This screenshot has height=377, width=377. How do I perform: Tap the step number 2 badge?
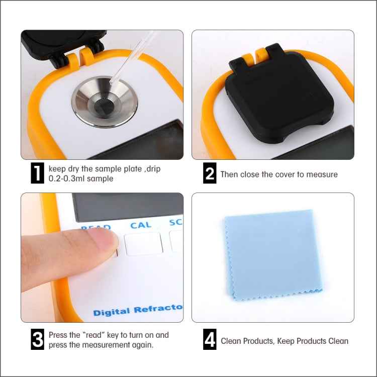tap(210, 174)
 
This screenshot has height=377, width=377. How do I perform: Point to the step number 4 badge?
tap(210, 340)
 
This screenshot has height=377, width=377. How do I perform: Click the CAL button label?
tap(140, 225)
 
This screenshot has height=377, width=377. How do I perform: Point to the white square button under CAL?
tap(143, 244)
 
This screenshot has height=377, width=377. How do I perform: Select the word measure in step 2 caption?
tap(322, 174)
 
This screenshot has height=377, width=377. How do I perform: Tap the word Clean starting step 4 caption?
tap(232, 341)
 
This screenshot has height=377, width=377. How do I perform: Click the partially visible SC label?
tap(175, 223)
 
